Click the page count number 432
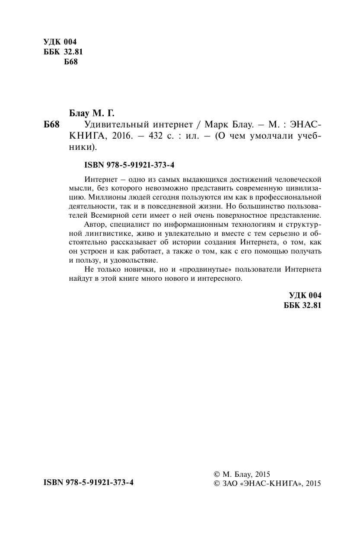point(153,136)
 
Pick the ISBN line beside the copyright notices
point(89,482)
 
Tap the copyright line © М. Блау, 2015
point(242,474)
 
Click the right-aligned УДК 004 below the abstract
point(305,296)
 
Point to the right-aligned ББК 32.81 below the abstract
point(303,305)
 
